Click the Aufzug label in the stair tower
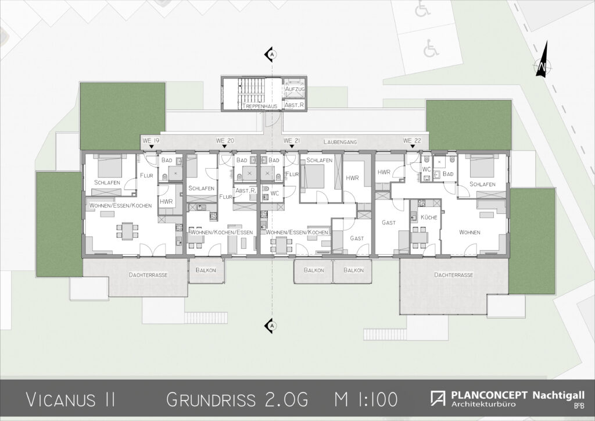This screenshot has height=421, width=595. pyautogui.click(x=295, y=89)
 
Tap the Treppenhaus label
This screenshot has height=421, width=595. pyautogui.click(x=260, y=106)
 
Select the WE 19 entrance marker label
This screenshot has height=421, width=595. pyautogui.click(x=151, y=141)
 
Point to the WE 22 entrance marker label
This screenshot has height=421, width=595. pyautogui.click(x=412, y=141)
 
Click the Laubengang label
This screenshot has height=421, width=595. pyautogui.click(x=340, y=142)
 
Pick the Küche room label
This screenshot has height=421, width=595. pyautogui.click(x=429, y=217)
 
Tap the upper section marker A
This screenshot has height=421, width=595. pyautogui.click(x=271, y=55)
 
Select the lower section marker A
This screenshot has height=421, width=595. pyautogui.click(x=271, y=326)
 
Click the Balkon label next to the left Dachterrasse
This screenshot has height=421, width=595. pyautogui.click(x=206, y=270)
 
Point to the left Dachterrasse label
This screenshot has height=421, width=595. pyautogui.click(x=148, y=274)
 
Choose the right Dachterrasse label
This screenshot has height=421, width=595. pyautogui.click(x=453, y=274)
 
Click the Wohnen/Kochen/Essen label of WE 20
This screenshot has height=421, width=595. pyautogui.click(x=221, y=233)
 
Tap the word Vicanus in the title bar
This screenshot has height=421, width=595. pyautogui.click(x=60, y=399)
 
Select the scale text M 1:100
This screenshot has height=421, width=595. pyautogui.click(x=367, y=399)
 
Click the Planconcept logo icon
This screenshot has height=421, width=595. pyautogui.click(x=438, y=398)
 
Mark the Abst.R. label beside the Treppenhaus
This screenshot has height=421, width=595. pyautogui.click(x=295, y=105)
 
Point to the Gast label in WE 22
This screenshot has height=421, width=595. pyautogui.click(x=389, y=223)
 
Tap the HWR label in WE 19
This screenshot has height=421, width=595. pyautogui.click(x=166, y=202)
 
